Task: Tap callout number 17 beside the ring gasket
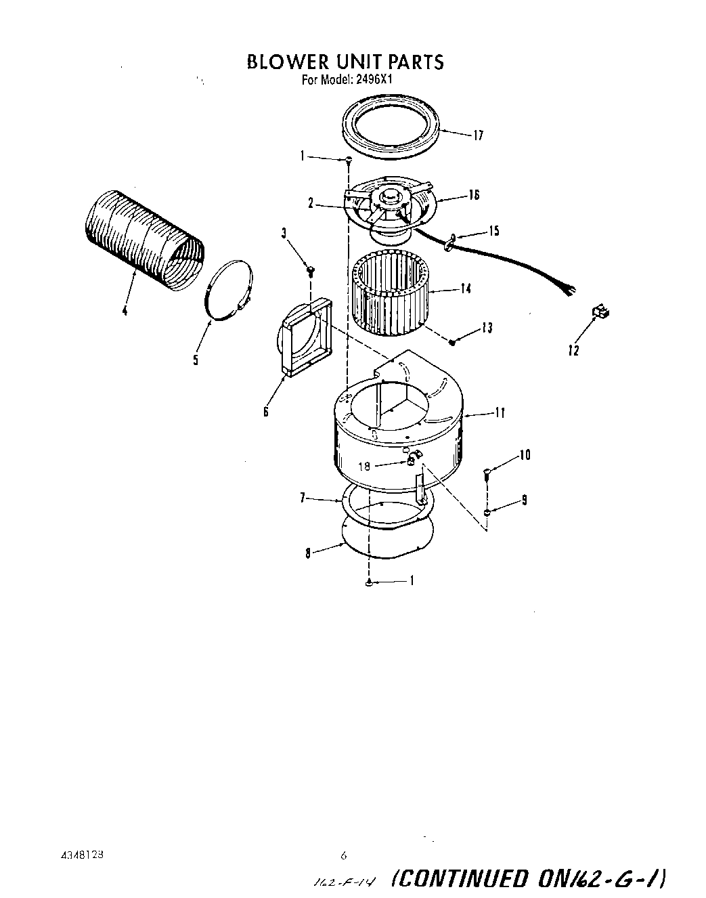478,135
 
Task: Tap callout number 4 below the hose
125,311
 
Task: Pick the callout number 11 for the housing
500,412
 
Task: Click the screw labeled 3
310,271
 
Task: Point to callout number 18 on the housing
365,466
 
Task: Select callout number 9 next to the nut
525,500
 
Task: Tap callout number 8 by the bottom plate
309,553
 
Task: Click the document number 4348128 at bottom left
80,855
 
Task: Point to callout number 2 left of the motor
310,202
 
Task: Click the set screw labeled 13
454,342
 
